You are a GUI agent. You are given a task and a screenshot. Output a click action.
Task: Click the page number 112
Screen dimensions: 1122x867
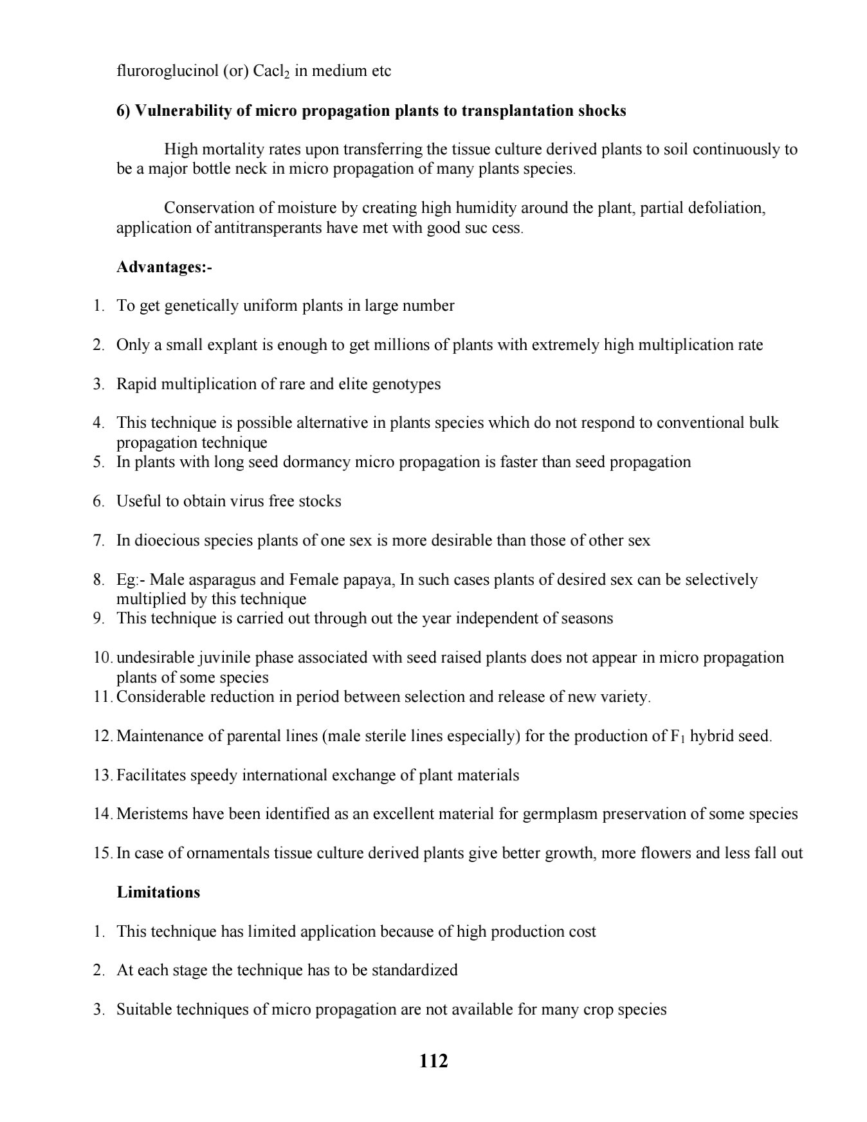[433, 1060]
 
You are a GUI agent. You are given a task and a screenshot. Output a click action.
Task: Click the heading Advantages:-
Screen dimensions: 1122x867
[164, 267]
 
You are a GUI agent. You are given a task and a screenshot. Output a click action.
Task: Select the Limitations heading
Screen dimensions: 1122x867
[158, 892]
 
